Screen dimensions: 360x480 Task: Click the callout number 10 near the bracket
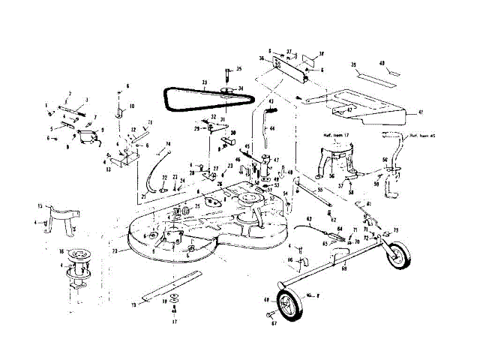pyautogui.click(x=131, y=107)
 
